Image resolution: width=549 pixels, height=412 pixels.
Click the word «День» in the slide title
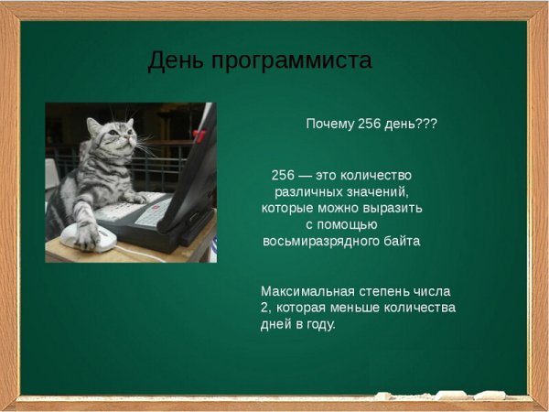(175, 61)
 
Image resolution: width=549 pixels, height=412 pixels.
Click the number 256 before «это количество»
(283, 175)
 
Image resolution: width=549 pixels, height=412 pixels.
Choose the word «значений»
(374, 191)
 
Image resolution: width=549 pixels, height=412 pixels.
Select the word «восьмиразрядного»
(323, 242)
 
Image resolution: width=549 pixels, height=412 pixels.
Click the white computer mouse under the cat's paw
(90, 239)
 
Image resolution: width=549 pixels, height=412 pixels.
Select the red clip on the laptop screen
(199, 136)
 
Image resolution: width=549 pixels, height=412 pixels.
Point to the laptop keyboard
(137, 215)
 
